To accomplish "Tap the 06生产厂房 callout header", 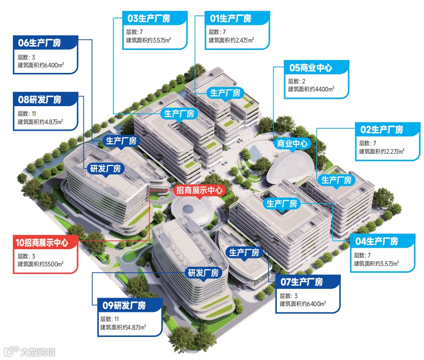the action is click(44, 43).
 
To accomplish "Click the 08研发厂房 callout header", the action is click(45, 100).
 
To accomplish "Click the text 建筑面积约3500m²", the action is click(41, 264).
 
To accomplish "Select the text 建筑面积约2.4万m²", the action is click(231, 40).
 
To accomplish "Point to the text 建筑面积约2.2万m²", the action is click(382, 151).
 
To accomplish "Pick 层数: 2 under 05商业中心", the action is click(297, 81).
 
